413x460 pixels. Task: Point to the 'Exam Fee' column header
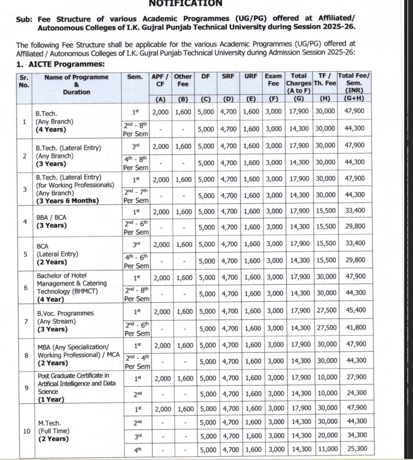point(273,81)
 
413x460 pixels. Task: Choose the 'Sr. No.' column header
point(24,81)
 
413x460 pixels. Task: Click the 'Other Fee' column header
point(183,81)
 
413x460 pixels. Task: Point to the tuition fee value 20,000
point(328,435)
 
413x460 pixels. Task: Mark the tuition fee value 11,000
point(328,450)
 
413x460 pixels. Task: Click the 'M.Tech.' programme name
point(49,423)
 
